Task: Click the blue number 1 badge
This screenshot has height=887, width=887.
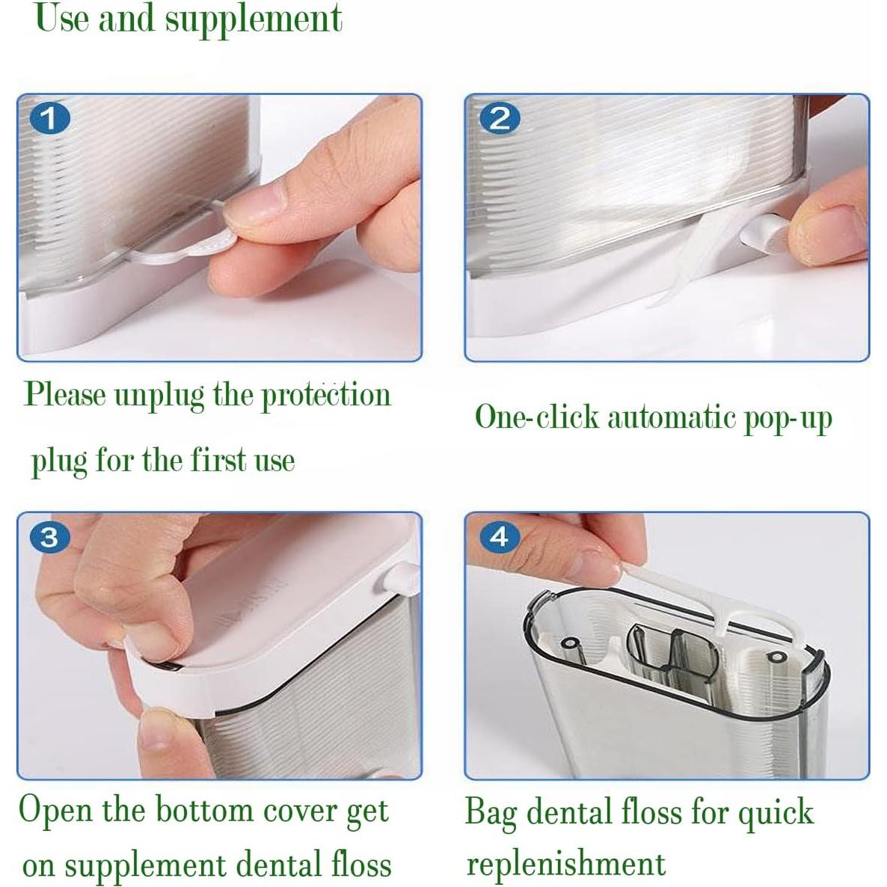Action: click(50, 119)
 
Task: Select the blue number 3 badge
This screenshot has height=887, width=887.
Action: click(50, 536)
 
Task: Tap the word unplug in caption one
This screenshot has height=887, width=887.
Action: click(159, 396)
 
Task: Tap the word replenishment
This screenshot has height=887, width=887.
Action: click(565, 865)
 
